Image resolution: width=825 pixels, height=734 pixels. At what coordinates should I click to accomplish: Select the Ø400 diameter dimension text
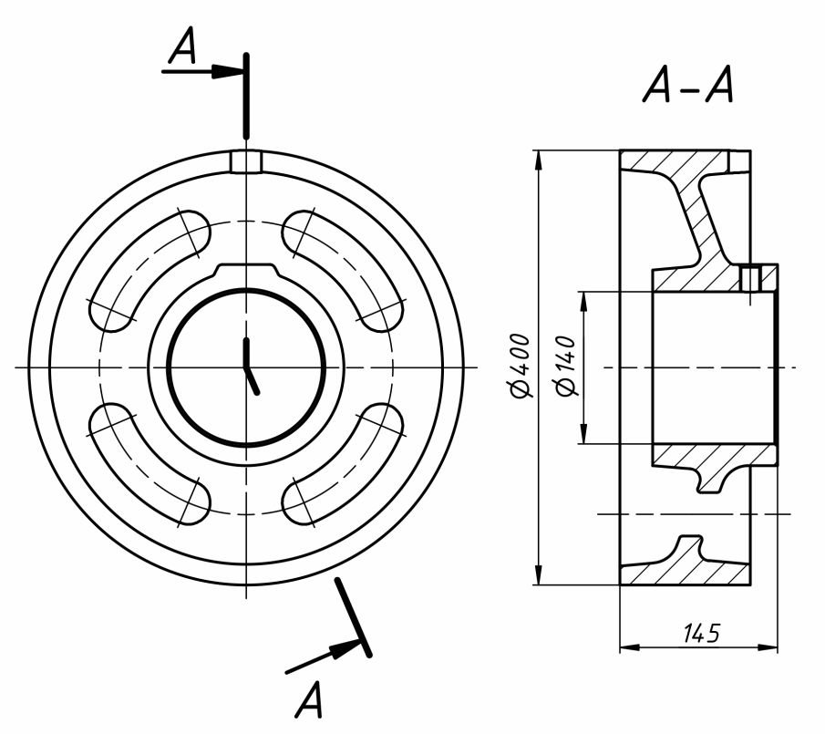[521, 365]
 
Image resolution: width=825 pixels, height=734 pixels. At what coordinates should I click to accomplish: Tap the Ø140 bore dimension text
[567, 365]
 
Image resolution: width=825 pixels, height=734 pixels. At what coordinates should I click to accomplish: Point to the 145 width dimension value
[701, 634]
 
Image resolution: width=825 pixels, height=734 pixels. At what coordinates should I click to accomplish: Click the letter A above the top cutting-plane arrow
[182, 46]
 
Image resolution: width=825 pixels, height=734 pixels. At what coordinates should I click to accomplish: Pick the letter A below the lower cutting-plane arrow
[308, 699]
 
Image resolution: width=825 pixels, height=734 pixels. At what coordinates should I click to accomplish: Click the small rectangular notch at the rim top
[246, 162]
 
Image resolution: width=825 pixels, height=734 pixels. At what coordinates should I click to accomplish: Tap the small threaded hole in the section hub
[749, 278]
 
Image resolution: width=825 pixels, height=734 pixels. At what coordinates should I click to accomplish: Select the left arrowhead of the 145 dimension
[629, 646]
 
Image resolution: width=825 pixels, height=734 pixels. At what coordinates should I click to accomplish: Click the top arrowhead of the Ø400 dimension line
[538, 160]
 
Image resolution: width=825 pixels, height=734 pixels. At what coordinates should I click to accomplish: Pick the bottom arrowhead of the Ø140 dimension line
[583, 434]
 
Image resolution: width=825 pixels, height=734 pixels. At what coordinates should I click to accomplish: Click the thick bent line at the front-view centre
[250, 367]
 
